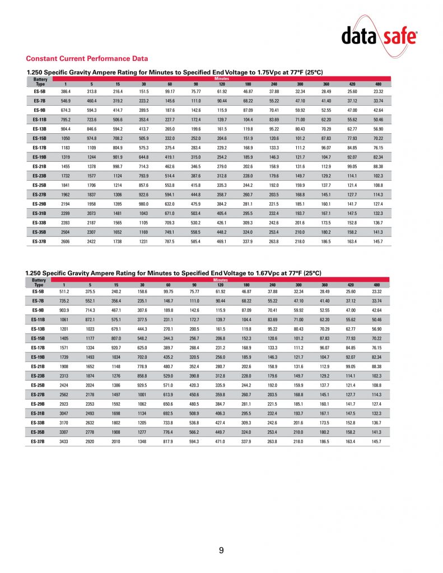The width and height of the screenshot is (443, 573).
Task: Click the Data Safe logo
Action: (x=379, y=37)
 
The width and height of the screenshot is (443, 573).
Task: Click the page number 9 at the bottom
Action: (x=221, y=551)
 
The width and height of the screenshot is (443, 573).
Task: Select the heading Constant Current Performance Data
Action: (x=87, y=58)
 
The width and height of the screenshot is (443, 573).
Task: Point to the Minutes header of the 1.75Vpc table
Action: (x=221, y=79)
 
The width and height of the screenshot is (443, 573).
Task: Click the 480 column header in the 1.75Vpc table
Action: (x=378, y=83)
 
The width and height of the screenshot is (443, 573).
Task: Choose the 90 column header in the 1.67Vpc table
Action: (x=194, y=285)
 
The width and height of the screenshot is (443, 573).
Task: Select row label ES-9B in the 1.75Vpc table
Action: (x=39, y=110)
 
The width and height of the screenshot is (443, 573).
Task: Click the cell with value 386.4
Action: (x=66, y=91)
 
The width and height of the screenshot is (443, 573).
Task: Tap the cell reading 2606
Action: (x=66, y=241)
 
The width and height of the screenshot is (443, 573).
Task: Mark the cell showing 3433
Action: (x=66, y=442)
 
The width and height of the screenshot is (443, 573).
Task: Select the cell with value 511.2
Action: (x=66, y=292)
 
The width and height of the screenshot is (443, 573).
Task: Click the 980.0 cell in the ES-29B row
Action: (x=143, y=204)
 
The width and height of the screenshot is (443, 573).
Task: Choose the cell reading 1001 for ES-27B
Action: (x=143, y=394)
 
